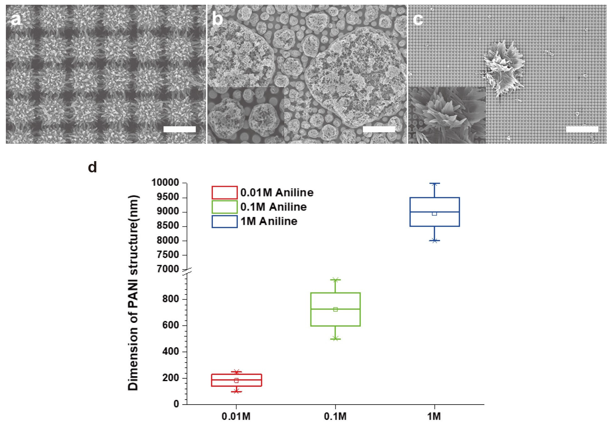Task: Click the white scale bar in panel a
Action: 179,129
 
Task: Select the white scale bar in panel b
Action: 379,129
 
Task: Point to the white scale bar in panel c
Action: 582,129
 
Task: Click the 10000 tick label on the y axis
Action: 165,183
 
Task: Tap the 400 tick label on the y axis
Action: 171,351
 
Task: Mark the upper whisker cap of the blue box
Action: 434,183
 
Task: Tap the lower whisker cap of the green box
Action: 336,339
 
